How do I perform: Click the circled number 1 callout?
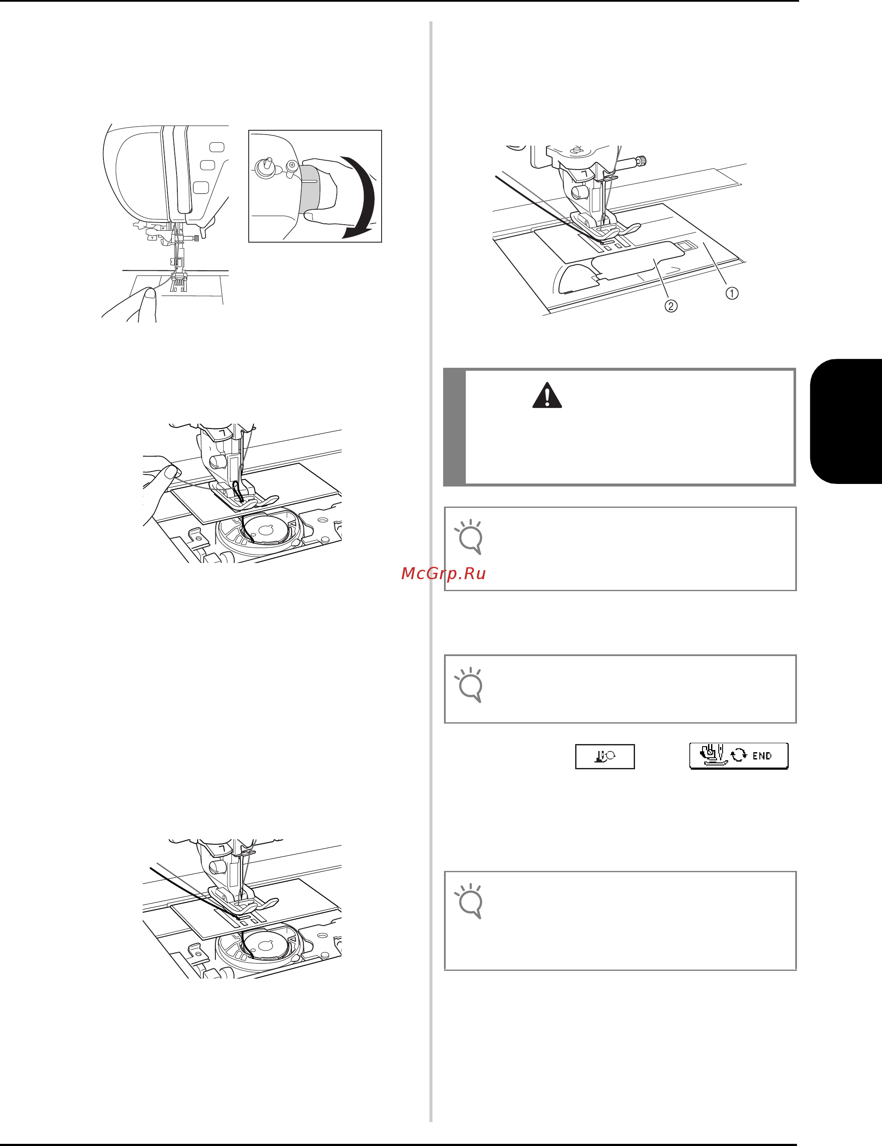coord(732,293)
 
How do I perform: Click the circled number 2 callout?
coord(671,305)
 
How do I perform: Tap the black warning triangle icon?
coord(547,395)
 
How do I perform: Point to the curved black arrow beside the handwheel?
coord(362,197)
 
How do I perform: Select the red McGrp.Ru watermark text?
coord(443,574)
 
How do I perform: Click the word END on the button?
coord(762,756)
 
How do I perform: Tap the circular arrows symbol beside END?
coord(739,755)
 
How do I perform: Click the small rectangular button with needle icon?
coord(605,756)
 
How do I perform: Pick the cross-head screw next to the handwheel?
coord(292,165)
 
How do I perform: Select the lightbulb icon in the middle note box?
coord(469,685)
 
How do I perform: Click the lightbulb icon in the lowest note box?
coord(469,901)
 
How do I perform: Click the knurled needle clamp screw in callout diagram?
coord(639,161)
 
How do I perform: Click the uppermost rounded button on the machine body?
coord(217,147)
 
